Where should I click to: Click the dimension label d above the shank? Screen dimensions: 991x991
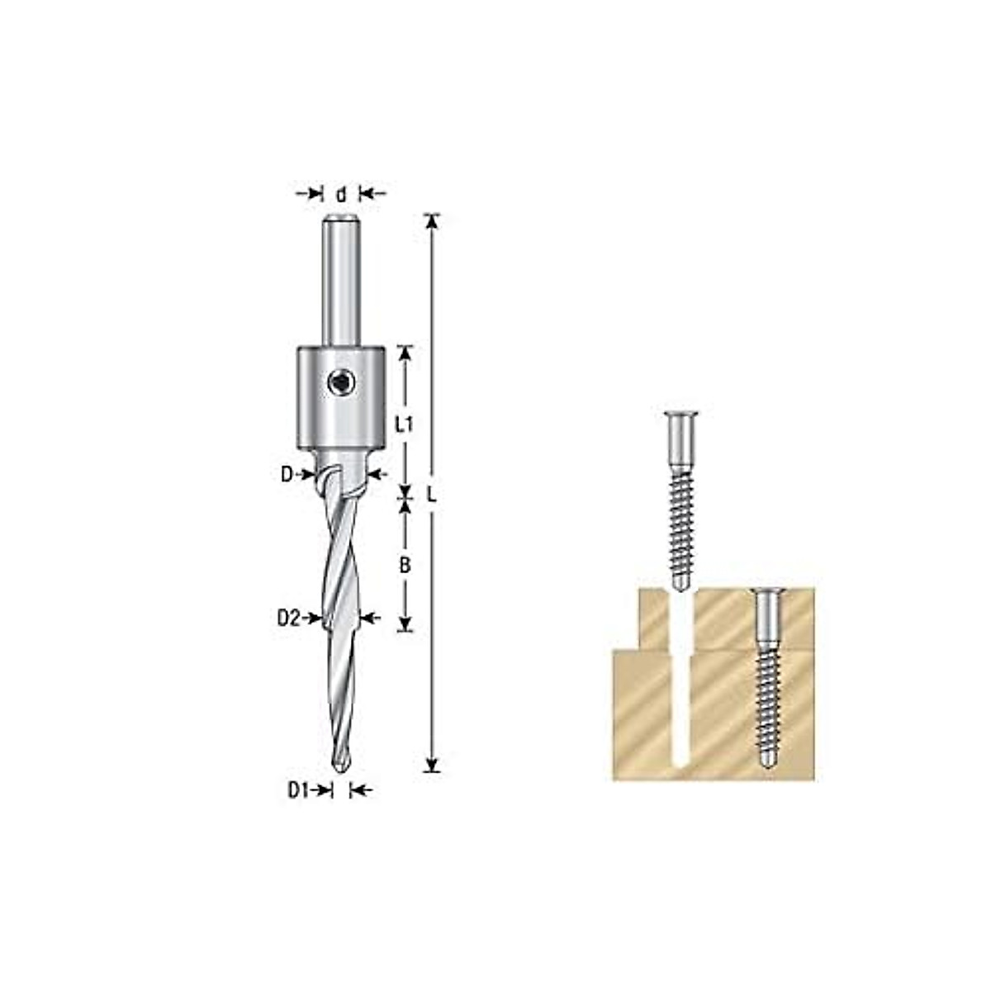[341, 194]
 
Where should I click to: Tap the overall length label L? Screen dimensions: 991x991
[431, 495]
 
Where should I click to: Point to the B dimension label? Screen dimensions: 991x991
[405, 566]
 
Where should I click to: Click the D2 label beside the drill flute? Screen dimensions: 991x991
[288, 618]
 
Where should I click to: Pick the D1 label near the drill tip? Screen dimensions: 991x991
[297, 790]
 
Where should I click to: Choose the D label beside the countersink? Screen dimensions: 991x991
[287, 474]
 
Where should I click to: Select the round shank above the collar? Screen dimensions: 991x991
[340, 281]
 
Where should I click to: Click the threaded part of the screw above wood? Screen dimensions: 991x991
[679, 529]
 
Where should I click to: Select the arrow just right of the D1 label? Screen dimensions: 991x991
[325, 790]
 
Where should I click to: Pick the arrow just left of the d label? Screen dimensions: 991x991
[315, 194]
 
